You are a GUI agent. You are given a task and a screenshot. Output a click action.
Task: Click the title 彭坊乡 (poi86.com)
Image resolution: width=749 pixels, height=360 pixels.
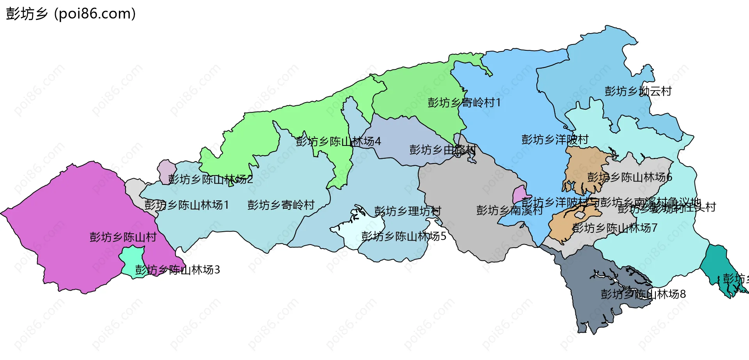(x=71, y=14)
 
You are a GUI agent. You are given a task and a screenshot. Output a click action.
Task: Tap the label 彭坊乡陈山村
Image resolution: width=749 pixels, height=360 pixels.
(x=123, y=237)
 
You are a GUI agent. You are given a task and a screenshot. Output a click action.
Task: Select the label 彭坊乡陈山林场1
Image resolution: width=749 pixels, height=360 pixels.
(x=186, y=205)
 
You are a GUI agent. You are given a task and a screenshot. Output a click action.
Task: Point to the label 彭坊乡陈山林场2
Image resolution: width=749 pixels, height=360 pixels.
(x=211, y=179)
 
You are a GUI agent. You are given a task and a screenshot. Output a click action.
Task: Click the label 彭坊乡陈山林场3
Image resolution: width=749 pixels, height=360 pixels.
(x=177, y=270)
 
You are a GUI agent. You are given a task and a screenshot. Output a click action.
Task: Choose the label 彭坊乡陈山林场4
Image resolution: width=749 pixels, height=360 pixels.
(x=338, y=141)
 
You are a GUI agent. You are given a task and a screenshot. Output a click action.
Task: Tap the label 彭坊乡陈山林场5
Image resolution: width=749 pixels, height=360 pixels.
(x=404, y=236)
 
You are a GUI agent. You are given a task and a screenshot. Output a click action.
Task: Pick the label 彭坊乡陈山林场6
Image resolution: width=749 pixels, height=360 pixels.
(x=630, y=177)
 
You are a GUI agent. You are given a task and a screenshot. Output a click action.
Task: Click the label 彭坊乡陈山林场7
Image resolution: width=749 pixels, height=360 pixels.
(x=614, y=228)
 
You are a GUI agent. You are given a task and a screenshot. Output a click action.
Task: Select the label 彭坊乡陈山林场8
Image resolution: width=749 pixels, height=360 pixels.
(x=643, y=294)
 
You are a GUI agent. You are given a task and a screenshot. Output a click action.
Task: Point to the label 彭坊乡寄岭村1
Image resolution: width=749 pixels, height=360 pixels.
(x=464, y=103)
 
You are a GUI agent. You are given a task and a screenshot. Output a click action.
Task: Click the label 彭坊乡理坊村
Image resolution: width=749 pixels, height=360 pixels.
(x=408, y=211)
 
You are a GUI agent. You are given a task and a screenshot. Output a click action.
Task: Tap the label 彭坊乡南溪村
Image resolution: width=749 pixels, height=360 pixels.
(x=509, y=211)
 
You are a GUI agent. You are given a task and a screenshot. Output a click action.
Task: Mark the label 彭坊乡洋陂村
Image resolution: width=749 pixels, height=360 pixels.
(x=555, y=140)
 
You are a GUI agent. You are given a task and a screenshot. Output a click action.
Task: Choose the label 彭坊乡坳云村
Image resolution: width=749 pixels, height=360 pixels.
(x=638, y=91)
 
